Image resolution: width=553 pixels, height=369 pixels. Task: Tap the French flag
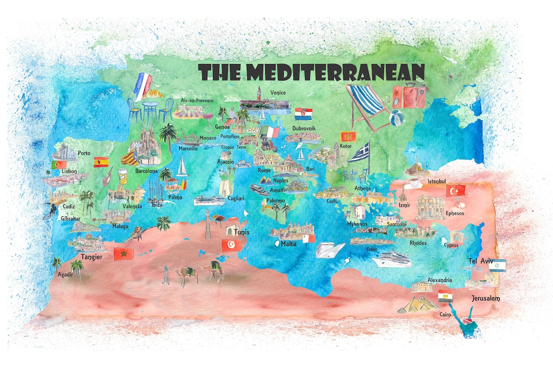pyautogui.click(x=143, y=85)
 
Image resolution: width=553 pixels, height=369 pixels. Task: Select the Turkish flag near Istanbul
pyautogui.click(x=455, y=191)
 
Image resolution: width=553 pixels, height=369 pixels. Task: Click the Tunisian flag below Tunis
pyautogui.click(x=231, y=245)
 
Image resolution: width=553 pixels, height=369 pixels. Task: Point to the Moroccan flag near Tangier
pyautogui.click(x=123, y=254)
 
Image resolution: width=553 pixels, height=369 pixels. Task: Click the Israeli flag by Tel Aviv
pyautogui.click(x=497, y=265)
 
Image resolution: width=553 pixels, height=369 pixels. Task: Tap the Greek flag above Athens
pyautogui.click(x=359, y=152)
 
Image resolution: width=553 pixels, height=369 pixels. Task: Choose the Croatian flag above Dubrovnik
pyautogui.click(x=304, y=113)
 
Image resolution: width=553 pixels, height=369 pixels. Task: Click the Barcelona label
pyautogui.click(x=146, y=171)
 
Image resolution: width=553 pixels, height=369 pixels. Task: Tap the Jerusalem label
pyautogui.click(x=485, y=298)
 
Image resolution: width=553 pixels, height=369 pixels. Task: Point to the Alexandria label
pyautogui.click(x=439, y=280)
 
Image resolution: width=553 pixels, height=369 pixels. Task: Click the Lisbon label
pyautogui.click(x=69, y=171)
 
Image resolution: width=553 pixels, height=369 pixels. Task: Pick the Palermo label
pyautogui.click(x=275, y=201)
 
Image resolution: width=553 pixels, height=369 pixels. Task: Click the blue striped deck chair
pyautogui.click(x=367, y=105)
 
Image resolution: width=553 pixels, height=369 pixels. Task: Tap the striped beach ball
pyautogui.click(x=396, y=118)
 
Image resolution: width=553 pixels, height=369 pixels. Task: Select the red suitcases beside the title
pyautogui.click(x=409, y=96)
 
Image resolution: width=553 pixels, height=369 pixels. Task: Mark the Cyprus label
pyautogui.click(x=451, y=245)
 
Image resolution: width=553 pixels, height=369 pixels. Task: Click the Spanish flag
pyautogui.click(x=100, y=162)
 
